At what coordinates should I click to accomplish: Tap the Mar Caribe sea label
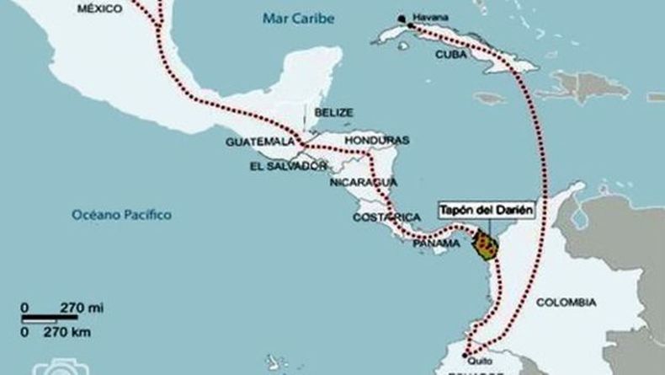click(x=298, y=18)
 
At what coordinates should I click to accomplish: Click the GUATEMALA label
click(x=258, y=142)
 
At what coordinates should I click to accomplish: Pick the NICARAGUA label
click(x=362, y=181)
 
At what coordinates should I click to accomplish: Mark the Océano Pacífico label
click(x=121, y=215)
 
